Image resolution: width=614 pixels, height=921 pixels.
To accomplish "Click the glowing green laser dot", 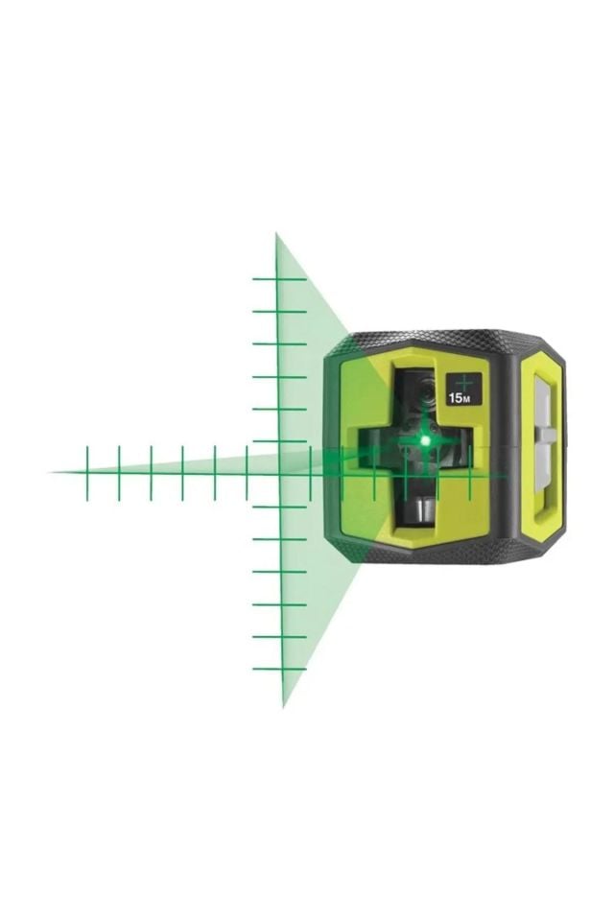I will click(424, 440).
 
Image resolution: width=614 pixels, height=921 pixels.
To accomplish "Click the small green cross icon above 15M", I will click(465, 381).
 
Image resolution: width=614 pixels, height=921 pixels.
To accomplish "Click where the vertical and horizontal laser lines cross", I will click(279, 472).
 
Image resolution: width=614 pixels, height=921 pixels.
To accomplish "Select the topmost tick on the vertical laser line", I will click(278, 278).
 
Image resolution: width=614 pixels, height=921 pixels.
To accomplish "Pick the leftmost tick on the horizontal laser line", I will click(86, 472).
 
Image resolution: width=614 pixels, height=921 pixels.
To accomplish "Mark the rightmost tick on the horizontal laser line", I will click(470, 473).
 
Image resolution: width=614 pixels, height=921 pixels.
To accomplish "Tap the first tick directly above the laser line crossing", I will click(279, 441).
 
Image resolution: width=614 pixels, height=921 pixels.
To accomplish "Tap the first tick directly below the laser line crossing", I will click(280, 506).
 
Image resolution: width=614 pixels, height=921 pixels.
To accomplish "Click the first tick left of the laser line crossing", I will click(247, 472).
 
